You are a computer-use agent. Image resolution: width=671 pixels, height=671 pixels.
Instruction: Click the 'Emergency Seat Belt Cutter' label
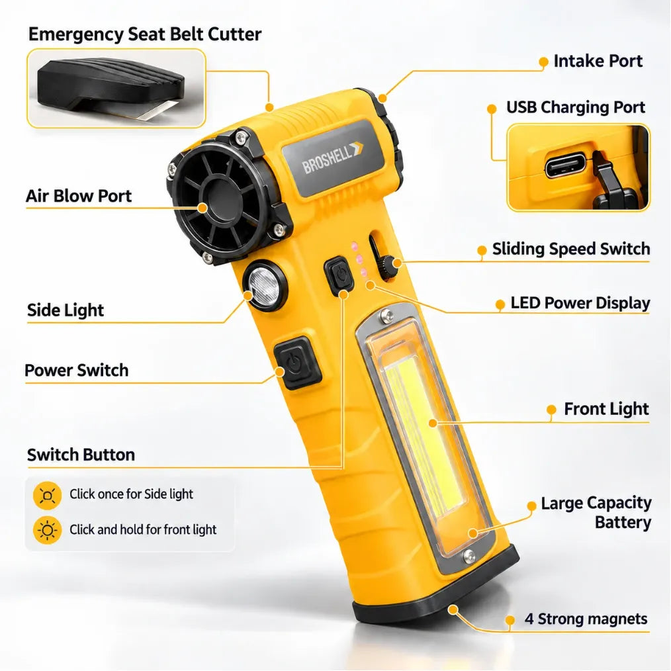(x=145, y=34)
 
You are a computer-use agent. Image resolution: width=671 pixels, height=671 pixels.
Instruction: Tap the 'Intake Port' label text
(x=598, y=61)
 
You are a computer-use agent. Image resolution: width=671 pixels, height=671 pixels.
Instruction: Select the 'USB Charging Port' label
(x=576, y=107)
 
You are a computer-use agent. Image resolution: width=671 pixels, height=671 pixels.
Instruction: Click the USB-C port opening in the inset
(x=565, y=165)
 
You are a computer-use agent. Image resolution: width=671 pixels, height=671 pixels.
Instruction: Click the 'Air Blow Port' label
(x=79, y=196)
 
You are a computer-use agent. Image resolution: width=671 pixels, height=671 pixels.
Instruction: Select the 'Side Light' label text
(x=66, y=310)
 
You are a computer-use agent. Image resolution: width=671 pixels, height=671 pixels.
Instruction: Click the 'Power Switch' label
(x=76, y=370)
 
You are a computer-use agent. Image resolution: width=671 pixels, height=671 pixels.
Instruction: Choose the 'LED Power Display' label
(x=580, y=303)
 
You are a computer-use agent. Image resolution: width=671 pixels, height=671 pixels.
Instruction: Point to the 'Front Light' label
(x=606, y=409)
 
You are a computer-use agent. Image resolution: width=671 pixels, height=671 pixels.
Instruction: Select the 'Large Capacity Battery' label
(x=596, y=513)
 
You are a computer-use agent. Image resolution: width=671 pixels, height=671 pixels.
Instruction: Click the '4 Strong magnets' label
(x=586, y=619)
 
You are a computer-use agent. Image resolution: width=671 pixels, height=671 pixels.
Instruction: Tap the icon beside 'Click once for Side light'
(x=47, y=496)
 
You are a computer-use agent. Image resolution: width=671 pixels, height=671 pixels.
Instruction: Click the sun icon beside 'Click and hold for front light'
(x=47, y=530)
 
